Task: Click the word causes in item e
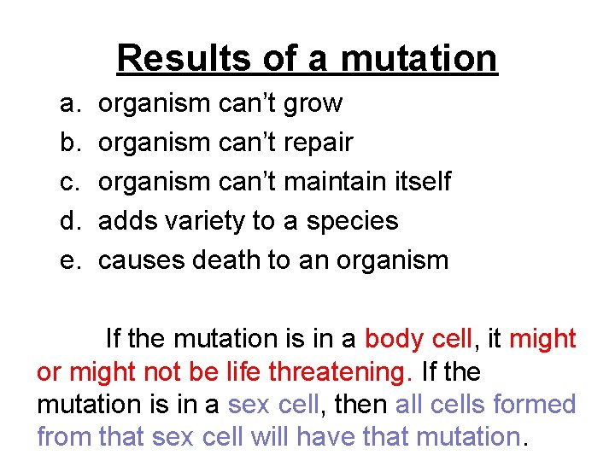[x=141, y=260]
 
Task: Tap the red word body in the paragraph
[x=392, y=339]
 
